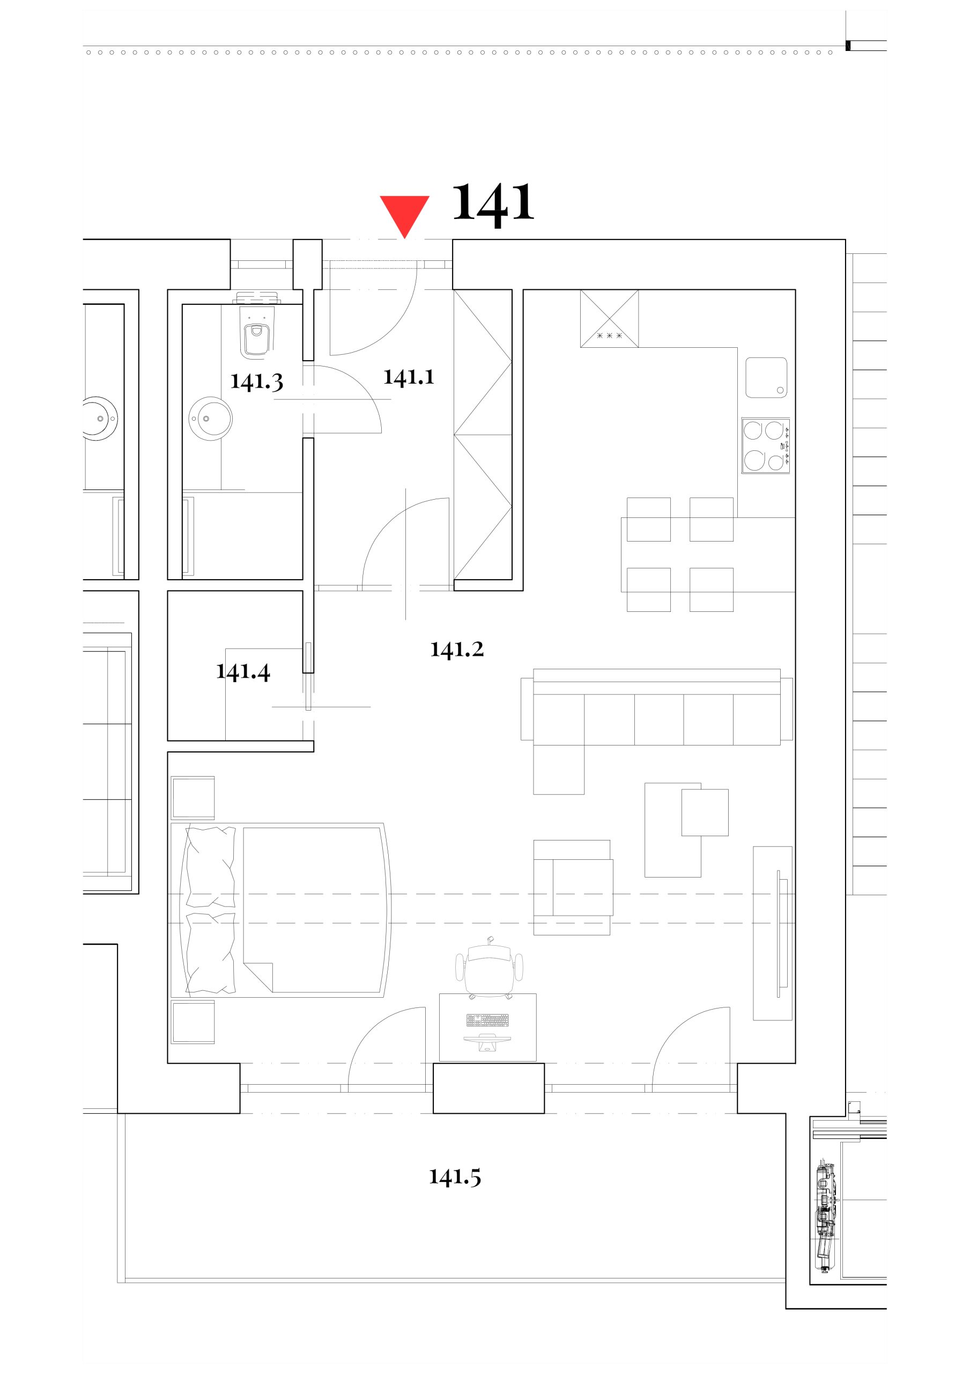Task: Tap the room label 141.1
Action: pos(409,377)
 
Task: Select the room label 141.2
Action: pos(457,649)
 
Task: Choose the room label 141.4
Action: pos(243,672)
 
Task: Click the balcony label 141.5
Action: pos(455,1177)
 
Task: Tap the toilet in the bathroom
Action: pos(256,333)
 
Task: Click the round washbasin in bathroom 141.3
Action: pos(211,418)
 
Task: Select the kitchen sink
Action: pos(766,378)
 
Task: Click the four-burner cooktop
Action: pos(766,446)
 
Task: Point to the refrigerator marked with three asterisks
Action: pos(609,318)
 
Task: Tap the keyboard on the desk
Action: pos(487,1020)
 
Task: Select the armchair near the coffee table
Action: pos(573,888)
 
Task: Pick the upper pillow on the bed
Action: pos(211,867)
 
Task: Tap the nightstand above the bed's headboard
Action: pos(192,798)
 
